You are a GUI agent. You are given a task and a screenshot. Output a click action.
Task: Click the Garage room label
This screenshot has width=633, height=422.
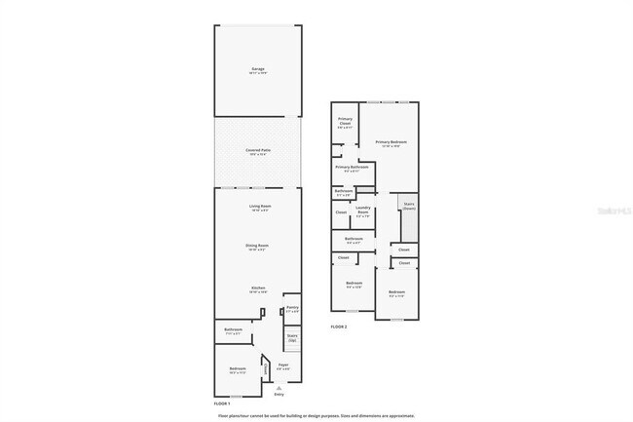(x=257, y=69)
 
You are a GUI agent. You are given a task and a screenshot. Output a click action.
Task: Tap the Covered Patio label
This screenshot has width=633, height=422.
(x=258, y=150)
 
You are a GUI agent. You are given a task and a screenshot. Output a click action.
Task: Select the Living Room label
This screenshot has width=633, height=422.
(x=258, y=208)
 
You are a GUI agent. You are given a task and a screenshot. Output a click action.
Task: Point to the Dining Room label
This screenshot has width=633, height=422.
(x=258, y=247)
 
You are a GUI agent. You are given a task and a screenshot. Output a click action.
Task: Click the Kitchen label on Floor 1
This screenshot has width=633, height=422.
(x=258, y=289)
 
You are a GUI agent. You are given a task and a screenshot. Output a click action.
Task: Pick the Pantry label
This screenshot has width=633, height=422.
(x=292, y=309)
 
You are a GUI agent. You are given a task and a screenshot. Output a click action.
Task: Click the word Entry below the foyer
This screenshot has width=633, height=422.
(x=279, y=395)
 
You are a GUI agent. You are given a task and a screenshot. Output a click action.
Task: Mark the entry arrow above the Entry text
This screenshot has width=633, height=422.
(x=279, y=388)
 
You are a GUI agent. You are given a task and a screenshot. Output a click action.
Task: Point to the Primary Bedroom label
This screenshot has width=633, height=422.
(x=391, y=142)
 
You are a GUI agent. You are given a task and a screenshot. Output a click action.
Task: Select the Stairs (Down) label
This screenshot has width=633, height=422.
(x=409, y=207)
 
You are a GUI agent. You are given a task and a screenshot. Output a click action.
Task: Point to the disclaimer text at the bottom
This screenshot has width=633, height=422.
(x=316, y=415)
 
